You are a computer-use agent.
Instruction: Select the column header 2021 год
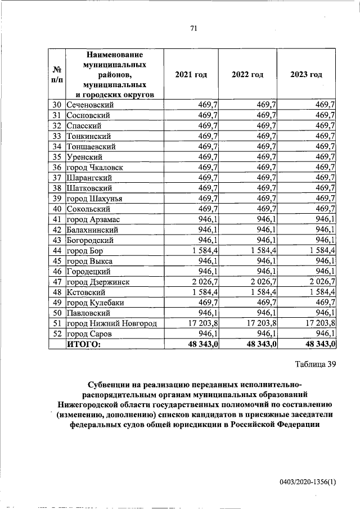pos(191,75)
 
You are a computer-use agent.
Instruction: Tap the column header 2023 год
pos(306,75)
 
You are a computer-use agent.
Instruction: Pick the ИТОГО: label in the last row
pos(84,344)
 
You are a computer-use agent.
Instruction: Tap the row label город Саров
pos(89,334)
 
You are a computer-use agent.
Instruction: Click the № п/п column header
pos(56,75)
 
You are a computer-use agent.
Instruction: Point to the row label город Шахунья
pos(94,198)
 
